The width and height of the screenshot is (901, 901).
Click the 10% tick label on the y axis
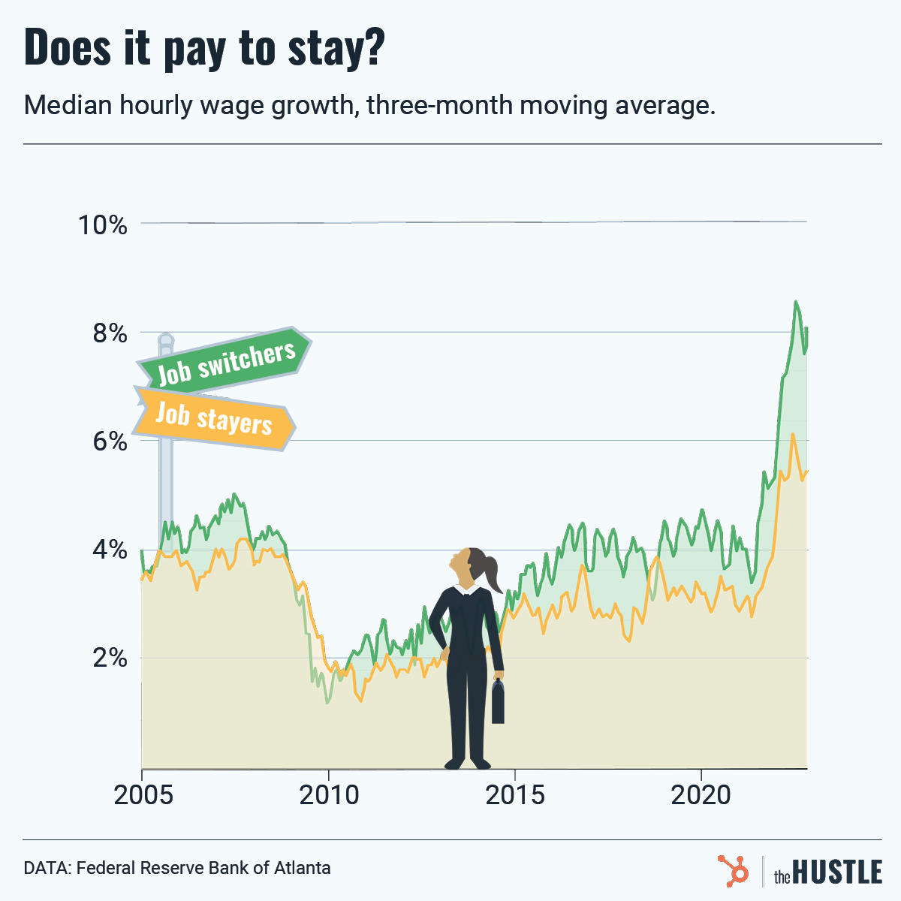point(103,224)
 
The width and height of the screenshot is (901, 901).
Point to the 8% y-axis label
point(109,333)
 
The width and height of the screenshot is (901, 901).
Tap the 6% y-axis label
point(109,441)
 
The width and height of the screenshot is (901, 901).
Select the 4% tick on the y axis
point(109,550)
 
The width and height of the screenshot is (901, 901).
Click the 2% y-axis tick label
point(109,658)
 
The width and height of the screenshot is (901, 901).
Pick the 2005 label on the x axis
point(143,794)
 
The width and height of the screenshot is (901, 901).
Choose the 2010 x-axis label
point(329,794)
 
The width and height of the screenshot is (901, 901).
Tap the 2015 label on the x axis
point(515,794)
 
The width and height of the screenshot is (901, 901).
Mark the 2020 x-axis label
point(701,794)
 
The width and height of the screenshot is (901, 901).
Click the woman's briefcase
point(498,703)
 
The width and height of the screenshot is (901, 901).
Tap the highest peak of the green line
point(795,302)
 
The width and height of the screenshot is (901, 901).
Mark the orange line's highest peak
point(792,434)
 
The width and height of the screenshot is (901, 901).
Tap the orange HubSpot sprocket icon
point(733,870)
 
